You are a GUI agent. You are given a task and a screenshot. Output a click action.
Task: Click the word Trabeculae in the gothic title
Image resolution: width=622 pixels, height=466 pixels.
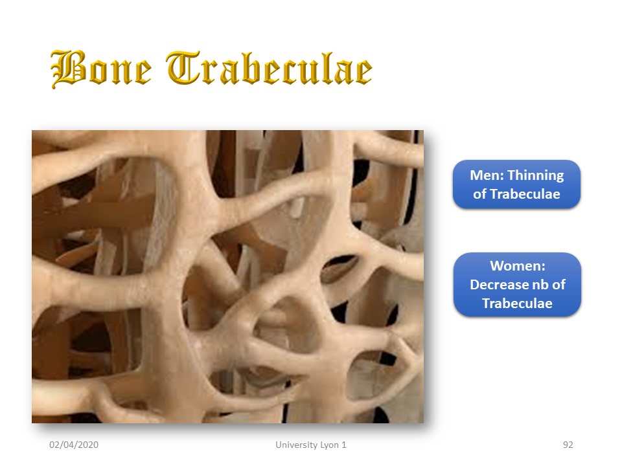(x=269, y=68)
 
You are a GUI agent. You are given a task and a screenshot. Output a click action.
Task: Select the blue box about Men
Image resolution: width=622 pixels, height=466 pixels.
(x=516, y=184)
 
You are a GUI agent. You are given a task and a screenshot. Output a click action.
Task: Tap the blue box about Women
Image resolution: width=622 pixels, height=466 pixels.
(x=517, y=285)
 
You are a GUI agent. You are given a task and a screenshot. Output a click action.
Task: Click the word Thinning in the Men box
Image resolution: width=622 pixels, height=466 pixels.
(x=536, y=175)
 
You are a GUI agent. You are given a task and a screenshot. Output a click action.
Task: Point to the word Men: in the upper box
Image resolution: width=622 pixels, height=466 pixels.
(x=487, y=175)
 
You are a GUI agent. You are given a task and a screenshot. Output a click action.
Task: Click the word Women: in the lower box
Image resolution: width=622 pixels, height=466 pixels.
(x=518, y=265)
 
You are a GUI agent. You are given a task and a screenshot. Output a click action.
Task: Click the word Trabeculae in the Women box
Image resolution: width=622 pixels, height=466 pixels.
(x=517, y=303)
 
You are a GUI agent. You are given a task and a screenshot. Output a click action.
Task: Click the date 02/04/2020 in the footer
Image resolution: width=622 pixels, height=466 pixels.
(x=74, y=445)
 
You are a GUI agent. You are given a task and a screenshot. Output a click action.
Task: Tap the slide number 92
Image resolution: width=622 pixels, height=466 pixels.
(x=568, y=445)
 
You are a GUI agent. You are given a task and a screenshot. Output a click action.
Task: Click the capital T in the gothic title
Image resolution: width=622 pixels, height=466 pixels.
(x=183, y=67)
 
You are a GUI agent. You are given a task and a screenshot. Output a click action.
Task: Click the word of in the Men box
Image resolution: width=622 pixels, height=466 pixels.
(x=479, y=194)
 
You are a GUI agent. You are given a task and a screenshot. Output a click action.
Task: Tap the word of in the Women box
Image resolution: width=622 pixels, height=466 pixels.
(x=559, y=285)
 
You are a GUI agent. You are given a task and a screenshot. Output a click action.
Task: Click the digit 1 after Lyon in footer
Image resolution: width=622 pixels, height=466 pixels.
(x=344, y=445)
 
